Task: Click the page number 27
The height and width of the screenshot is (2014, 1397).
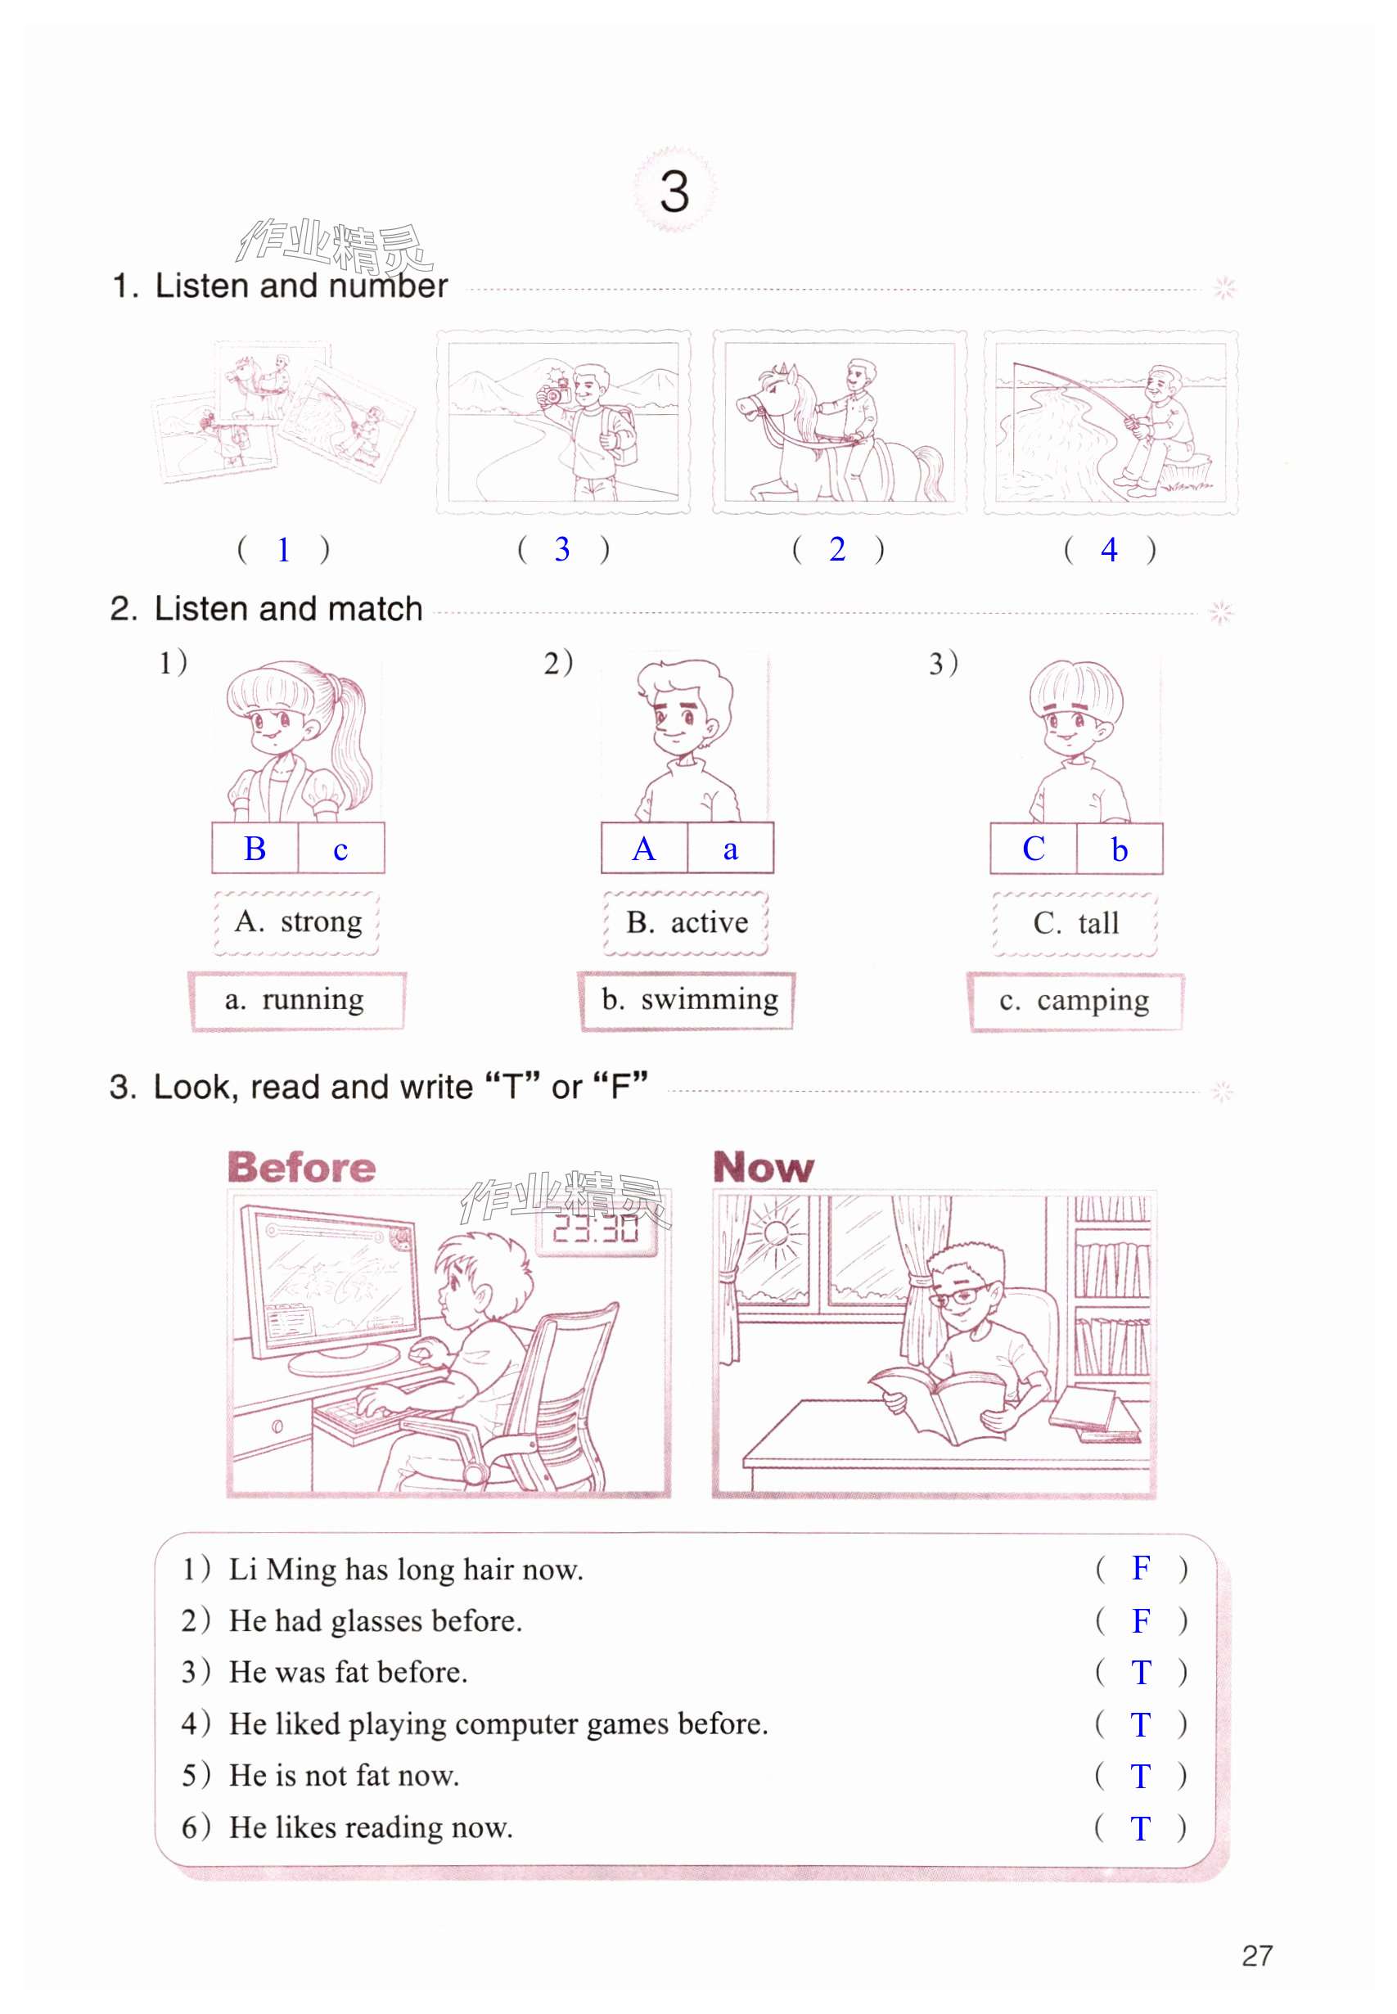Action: pyautogui.click(x=1257, y=1955)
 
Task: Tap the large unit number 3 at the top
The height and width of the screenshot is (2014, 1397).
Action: pyautogui.click(x=674, y=191)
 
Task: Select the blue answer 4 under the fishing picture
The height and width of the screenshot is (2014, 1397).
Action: pyautogui.click(x=1109, y=550)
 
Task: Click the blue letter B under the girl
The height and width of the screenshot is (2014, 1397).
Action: pyautogui.click(x=255, y=849)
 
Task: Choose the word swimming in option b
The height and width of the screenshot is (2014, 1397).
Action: pyautogui.click(x=709, y=999)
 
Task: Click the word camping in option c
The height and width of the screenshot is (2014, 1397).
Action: pyautogui.click(x=1093, y=1000)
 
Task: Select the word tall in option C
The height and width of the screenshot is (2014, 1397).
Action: pyautogui.click(x=1098, y=922)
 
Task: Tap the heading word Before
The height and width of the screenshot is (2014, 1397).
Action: pyautogui.click(x=301, y=1167)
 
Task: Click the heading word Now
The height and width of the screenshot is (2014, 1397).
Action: pyautogui.click(x=764, y=1167)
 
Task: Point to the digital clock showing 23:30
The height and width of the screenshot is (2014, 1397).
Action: pyautogui.click(x=596, y=1230)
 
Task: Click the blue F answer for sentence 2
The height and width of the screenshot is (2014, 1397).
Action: pyautogui.click(x=1141, y=1621)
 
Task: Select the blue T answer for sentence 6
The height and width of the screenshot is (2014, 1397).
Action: pyautogui.click(x=1140, y=1828)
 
